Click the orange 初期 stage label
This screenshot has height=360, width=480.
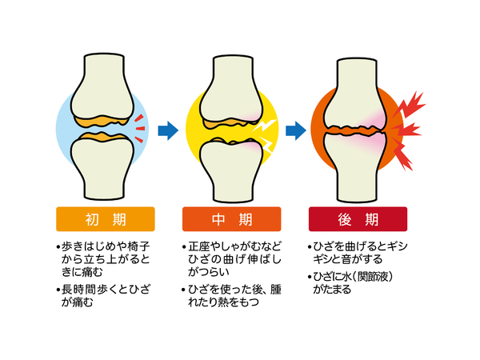pyautogui.click(x=104, y=218)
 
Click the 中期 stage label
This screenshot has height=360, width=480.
pyautogui.click(x=230, y=218)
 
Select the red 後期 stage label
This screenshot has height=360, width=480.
pyautogui.click(x=358, y=218)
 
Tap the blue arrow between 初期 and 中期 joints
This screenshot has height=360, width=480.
pyautogui.click(x=166, y=128)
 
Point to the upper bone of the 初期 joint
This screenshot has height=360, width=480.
pyautogui.click(x=104, y=84)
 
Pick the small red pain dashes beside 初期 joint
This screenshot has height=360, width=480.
pyautogui.click(x=140, y=124)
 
